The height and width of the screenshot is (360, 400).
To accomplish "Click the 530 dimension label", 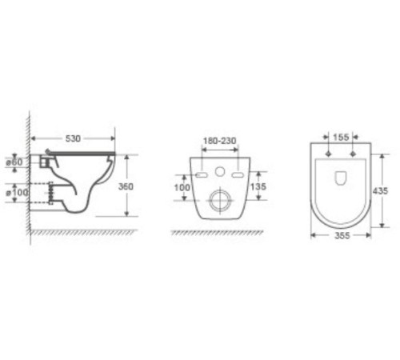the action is (x=73, y=138).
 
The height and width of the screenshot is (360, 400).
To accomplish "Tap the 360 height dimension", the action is (x=126, y=186).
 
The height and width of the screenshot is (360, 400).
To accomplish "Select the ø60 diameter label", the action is (x=15, y=162).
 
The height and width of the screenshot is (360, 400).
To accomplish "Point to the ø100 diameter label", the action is (x=17, y=192).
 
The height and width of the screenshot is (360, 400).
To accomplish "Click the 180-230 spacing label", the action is (x=220, y=141).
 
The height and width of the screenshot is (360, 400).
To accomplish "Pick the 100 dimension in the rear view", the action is (x=182, y=187).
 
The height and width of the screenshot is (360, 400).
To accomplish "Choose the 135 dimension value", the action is (x=258, y=186).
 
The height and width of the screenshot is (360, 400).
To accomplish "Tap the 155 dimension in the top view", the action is (x=341, y=138).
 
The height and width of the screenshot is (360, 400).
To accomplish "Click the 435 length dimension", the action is (x=380, y=191).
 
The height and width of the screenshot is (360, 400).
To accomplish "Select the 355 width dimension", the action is (x=342, y=236).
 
